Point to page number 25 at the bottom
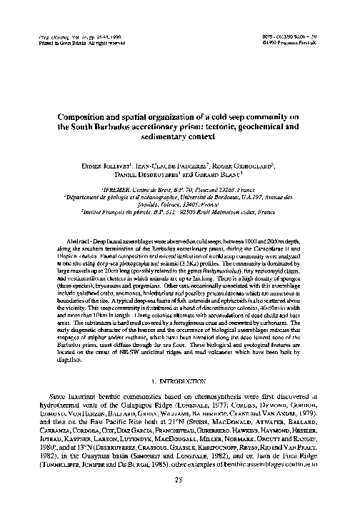point(179,480)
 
